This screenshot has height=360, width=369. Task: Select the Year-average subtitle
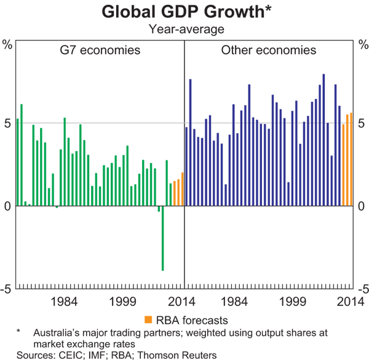[184, 28]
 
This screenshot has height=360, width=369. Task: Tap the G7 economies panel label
[100, 50]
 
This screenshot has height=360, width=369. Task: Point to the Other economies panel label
[269, 50]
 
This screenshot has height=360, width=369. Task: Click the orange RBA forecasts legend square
[148, 319]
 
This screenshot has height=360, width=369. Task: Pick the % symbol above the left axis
[7, 45]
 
